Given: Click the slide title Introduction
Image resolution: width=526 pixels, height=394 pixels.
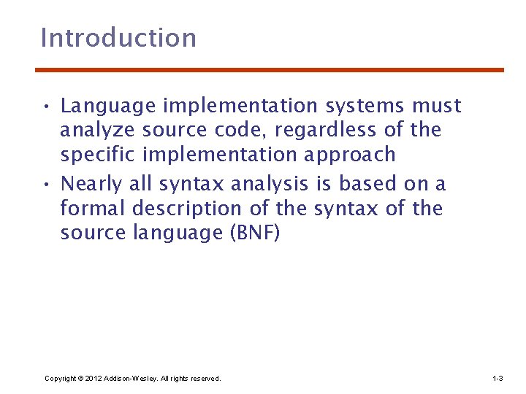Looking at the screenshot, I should point(118,38).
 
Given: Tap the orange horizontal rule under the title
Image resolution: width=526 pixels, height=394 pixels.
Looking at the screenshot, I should point(270,70).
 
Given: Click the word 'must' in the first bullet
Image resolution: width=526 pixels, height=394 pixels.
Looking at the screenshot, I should point(437,107).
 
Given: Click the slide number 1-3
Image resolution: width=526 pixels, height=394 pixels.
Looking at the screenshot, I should point(498,379).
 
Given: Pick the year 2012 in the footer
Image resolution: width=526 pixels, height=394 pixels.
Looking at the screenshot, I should point(94,379).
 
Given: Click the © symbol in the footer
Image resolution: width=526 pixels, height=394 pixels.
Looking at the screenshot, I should point(80,379).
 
